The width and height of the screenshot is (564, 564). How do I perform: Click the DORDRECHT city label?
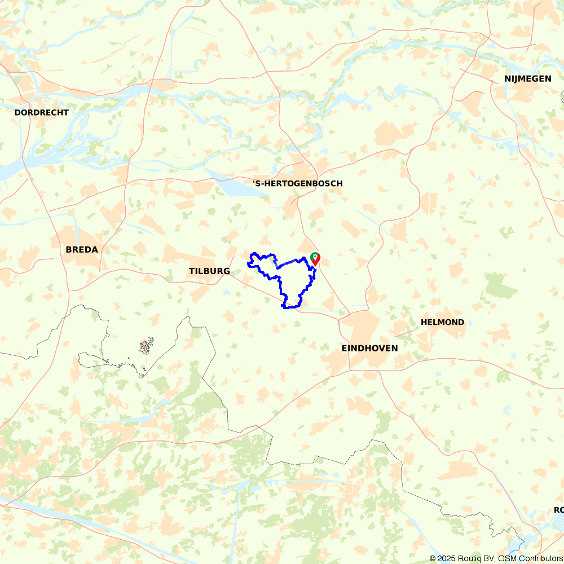(41, 112)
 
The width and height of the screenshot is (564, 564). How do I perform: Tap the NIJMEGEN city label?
(528, 78)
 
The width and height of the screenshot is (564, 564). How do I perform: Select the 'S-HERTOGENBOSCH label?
(297, 183)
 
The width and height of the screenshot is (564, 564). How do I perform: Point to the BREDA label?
(82, 249)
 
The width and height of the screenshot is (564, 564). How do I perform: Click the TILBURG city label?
(209, 271)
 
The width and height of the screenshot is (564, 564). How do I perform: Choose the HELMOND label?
(443, 322)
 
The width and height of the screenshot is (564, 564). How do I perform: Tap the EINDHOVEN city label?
(369, 348)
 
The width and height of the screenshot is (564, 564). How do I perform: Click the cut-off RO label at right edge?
(558, 510)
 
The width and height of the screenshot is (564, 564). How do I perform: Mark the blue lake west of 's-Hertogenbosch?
(237, 187)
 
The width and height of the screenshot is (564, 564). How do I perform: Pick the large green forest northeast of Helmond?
(500, 285)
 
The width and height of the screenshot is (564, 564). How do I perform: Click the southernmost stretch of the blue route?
(289, 307)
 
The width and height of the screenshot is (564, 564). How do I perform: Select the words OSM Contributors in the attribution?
(530, 558)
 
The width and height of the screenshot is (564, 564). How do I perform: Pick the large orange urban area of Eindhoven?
(361, 327)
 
